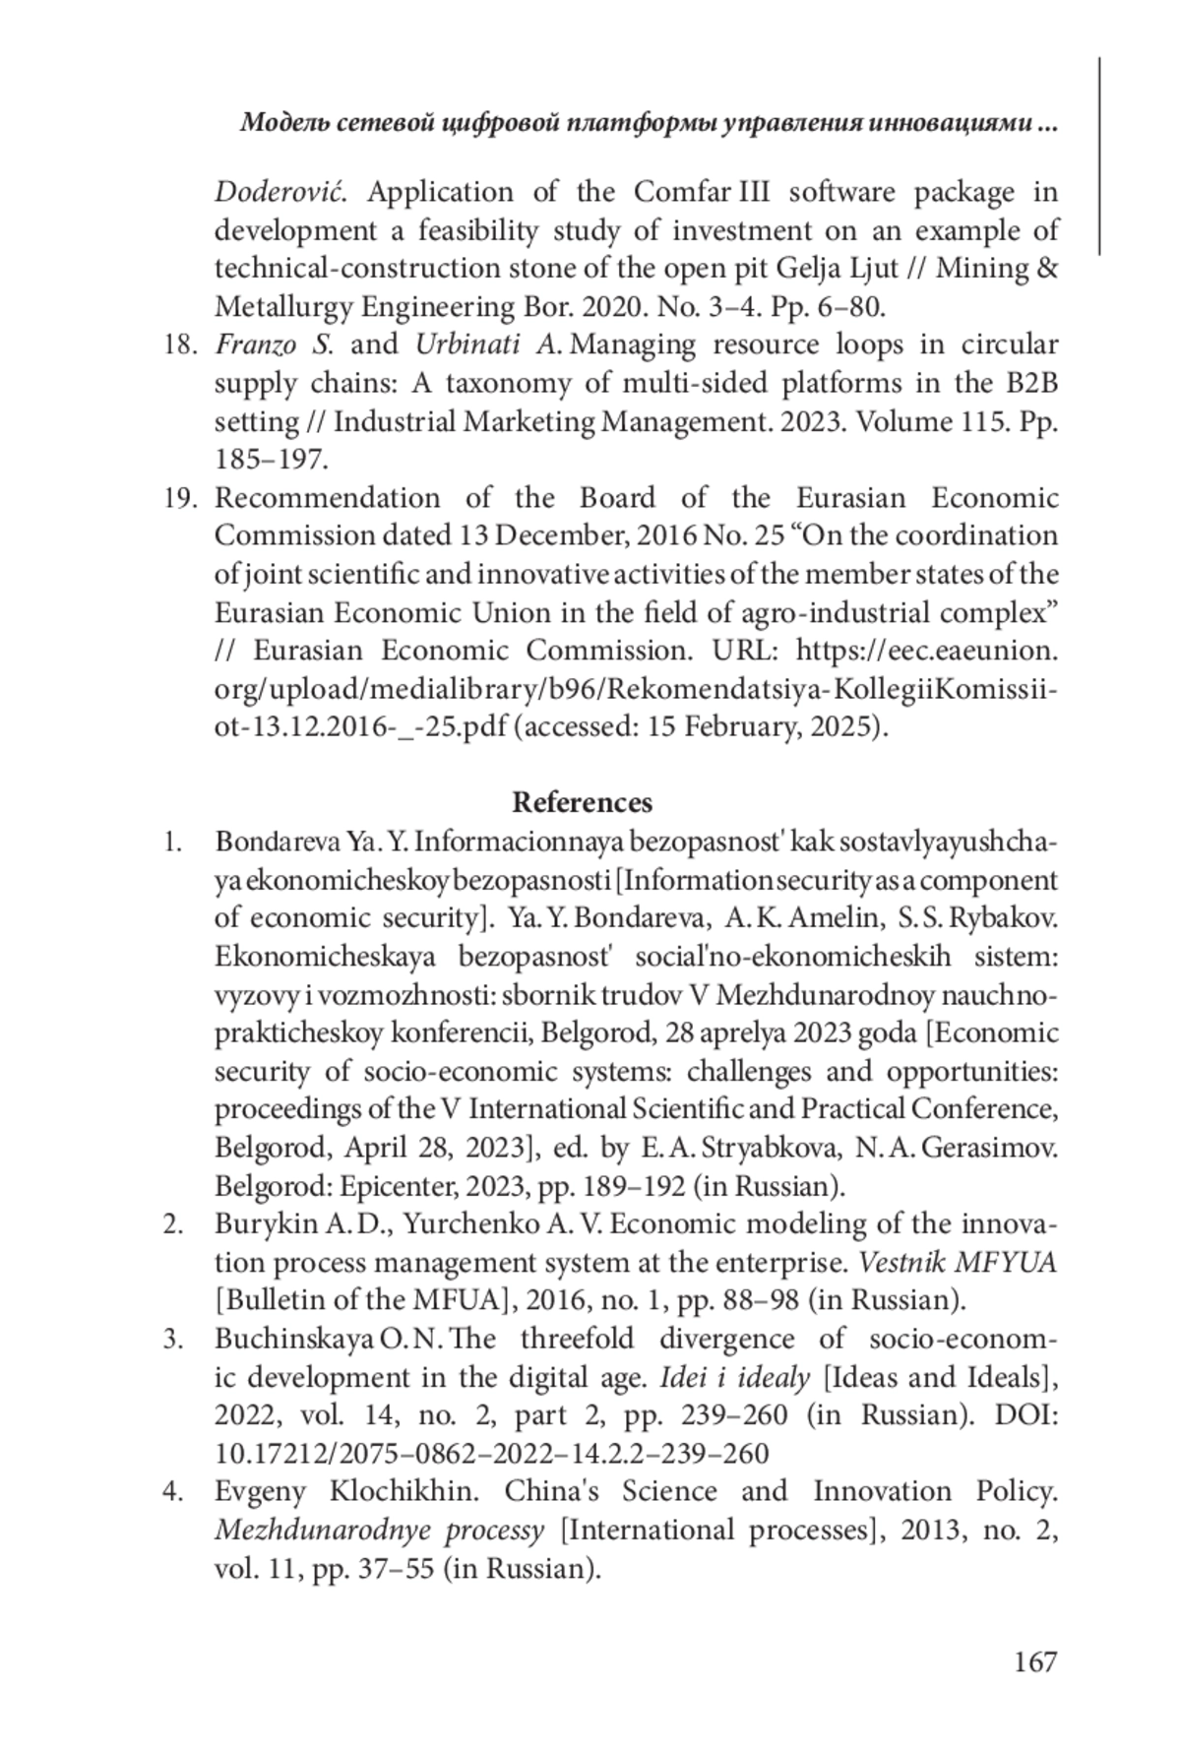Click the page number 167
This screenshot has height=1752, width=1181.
(1034, 1661)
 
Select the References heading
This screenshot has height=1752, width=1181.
(582, 802)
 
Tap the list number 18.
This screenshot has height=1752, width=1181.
(180, 344)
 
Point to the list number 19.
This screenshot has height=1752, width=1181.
(180, 498)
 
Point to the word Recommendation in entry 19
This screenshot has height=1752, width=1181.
(327, 498)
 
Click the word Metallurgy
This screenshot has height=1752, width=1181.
(282, 307)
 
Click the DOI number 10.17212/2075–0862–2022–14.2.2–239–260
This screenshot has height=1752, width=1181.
(491, 1454)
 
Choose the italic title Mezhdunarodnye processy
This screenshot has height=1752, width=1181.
(379, 1530)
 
